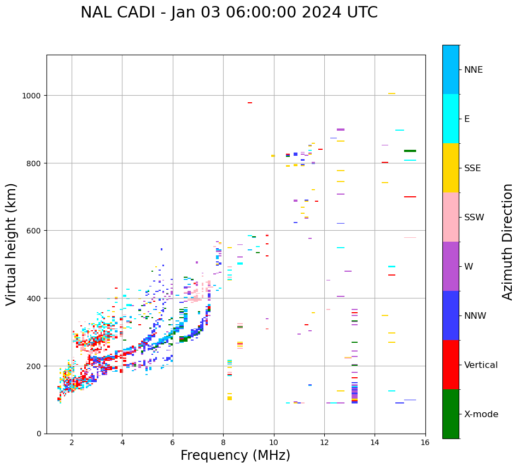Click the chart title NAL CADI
coord(229,13)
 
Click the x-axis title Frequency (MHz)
coord(235,455)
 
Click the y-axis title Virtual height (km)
coord(11,244)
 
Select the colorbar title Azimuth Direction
coord(508,242)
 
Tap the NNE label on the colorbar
coord(474,69)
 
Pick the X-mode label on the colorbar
coord(481,414)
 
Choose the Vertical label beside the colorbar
coord(481,365)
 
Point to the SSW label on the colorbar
coord(474,218)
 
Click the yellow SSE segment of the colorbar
coord(451,168)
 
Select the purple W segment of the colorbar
coord(451,266)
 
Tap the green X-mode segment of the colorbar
coord(451,414)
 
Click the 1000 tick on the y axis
coord(33,96)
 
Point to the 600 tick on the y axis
coord(35,231)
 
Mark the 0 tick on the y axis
coord(39,434)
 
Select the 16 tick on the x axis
coord(425,443)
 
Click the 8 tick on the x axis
coord(223,443)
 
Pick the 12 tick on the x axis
coord(324,443)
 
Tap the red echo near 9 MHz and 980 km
coord(250,103)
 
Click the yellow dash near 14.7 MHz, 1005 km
coord(392,93)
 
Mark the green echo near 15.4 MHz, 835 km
coord(410,151)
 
